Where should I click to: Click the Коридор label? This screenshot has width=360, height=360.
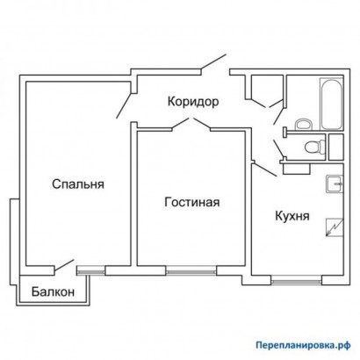pyautogui.click(x=193, y=102)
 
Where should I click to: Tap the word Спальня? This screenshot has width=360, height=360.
pyautogui.click(x=78, y=184)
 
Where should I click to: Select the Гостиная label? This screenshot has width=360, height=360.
pyautogui.click(x=192, y=202)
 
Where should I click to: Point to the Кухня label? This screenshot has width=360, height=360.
pyautogui.click(x=292, y=216)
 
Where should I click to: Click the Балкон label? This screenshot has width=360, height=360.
pyautogui.click(x=53, y=292)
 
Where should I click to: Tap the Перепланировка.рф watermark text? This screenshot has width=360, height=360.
pyautogui.click(x=303, y=345)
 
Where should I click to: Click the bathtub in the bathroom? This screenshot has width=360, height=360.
pyautogui.click(x=331, y=104)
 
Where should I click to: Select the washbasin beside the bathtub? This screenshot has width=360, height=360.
pyautogui.click(x=302, y=125)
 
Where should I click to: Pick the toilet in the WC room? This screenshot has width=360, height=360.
pyautogui.click(x=315, y=146)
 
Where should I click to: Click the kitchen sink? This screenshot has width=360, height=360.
pyautogui.click(x=335, y=184)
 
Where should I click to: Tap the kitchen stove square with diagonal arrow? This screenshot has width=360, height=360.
pyautogui.click(x=335, y=227)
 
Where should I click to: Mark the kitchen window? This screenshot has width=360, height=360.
pyautogui.click(x=296, y=282)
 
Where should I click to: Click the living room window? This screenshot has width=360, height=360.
pyautogui.click(x=191, y=271)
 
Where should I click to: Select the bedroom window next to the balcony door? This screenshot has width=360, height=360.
pyautogui.click(x=90, y=271)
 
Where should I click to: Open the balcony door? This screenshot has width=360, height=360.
pyautogui.click(x=63, y=266)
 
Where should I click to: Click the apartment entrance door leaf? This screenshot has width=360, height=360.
pyautogui.click(x=213, y=62)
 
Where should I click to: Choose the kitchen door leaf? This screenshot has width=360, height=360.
pyautogui.click(x=265, y=169)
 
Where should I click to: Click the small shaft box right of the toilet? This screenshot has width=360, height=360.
pyautogui.click(x=335, y=148)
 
